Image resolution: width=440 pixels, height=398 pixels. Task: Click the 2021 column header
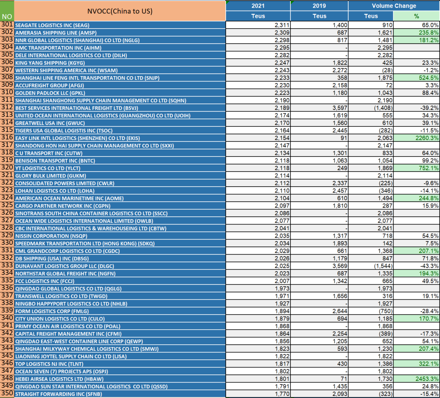tap(258, 6)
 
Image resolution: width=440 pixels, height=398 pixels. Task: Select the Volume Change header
tap(394, 6)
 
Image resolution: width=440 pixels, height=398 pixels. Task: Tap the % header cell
tap(416, 16)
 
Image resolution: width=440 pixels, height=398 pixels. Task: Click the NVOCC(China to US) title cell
tap(120, 11)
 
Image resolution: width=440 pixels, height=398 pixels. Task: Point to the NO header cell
tap(7, 17)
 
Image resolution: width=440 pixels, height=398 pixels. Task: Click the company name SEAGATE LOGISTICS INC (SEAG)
tap(52, 25)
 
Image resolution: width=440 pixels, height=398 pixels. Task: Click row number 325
tap(7, 205)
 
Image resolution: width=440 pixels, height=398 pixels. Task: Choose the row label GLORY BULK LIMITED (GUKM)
tap(51, 176)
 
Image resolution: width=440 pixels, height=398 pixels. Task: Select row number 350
tap(7, 393)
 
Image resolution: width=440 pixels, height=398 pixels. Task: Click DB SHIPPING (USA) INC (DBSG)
tap(52, 259)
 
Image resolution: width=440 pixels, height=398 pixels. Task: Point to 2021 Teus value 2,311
tap(282, 25)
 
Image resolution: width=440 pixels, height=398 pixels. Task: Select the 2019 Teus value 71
tap(344, 378)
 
